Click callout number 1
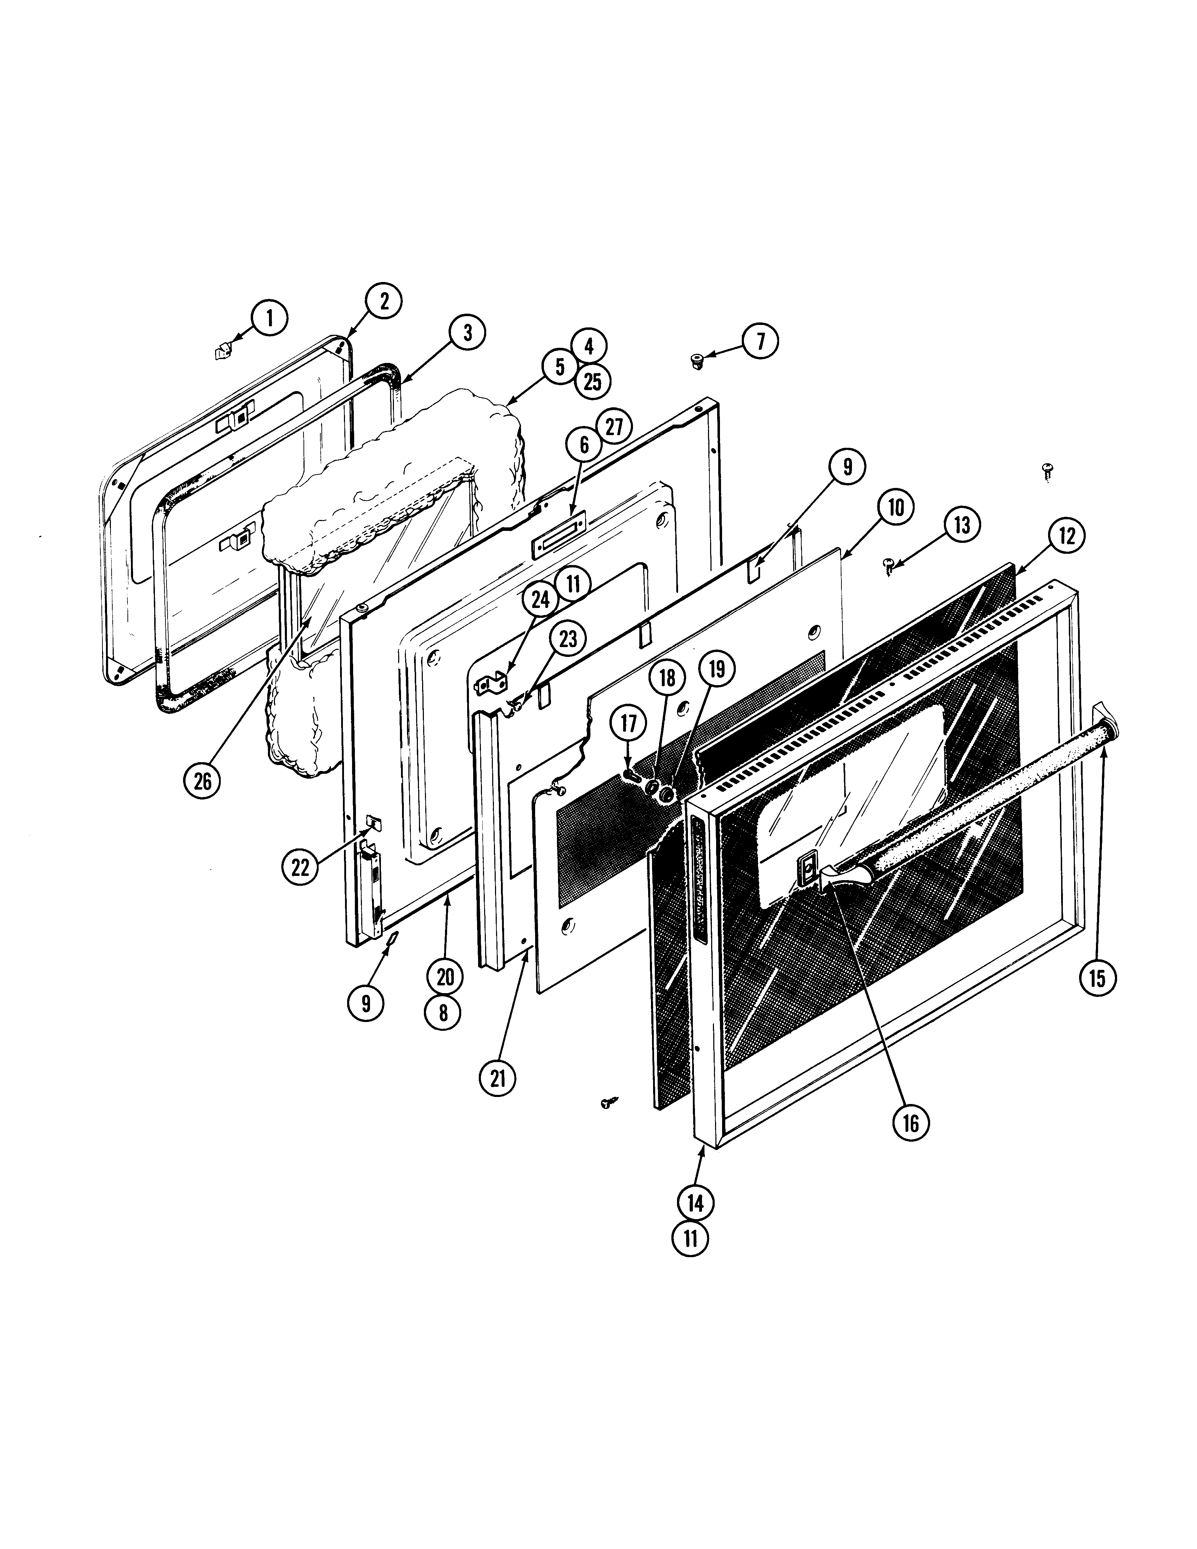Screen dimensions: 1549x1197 pos(269,319)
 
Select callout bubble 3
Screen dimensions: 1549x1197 pos(467,333)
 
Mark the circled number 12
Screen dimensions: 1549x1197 pos(1067,536)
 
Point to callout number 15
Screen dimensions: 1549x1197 pos(1097,979)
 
